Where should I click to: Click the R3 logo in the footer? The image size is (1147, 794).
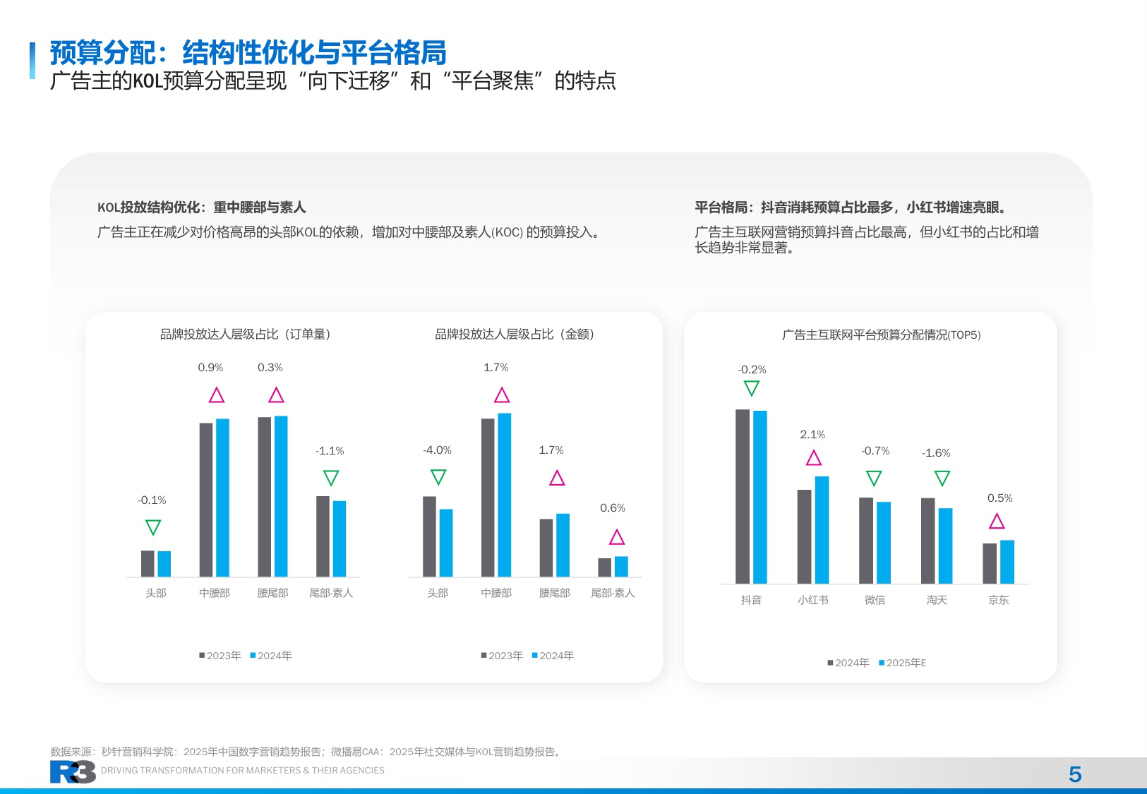coord(73,772)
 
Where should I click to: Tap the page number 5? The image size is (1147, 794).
coord(1075,774)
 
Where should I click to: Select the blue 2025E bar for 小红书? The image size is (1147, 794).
coord(822,529)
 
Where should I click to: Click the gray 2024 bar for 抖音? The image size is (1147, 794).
coord(743,496)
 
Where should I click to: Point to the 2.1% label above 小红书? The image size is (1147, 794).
coord(812,435)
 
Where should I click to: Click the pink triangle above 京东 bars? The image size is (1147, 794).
coord(997,522)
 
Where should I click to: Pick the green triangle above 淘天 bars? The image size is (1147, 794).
coord(942,479)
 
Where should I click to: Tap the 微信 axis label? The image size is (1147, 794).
coord(875,600)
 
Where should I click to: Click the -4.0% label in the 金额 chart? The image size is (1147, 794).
coord(437,450)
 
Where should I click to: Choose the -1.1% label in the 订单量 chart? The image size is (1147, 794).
coord(330,451)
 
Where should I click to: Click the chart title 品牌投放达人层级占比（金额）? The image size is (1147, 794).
coord(515,335)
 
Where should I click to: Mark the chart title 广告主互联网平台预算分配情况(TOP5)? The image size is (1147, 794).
coord(881,335)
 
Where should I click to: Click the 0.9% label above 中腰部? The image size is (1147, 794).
coord(210,368)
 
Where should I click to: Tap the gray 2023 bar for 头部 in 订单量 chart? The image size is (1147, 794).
coord(148,563)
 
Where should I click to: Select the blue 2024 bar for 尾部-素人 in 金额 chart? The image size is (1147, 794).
coord(621,566)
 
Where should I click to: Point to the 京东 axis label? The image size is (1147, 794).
coord(998,600)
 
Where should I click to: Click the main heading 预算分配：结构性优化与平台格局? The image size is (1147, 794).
coord(248,53)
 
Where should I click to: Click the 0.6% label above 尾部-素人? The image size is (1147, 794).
coord(613,508)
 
